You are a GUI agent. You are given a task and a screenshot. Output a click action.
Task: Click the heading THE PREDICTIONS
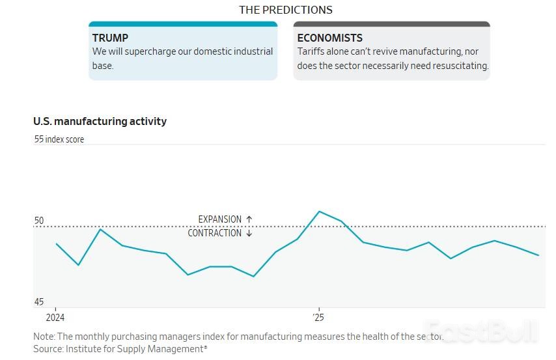pyautogui.click(x=286, y=10)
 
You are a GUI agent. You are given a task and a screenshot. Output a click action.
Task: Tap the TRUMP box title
pyautogui.click(x=110, y=38)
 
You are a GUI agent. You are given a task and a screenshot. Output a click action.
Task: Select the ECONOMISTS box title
pyautogui.click(x=329, y=38)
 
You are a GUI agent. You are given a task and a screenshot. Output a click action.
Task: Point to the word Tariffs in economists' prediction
pyautogui.click(x=312, y=51)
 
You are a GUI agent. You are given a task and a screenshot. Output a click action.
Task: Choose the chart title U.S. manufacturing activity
pyautogui.click(x=100, y=121)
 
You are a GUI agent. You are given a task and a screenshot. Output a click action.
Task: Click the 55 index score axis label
pyautogui.click(x=59, y=139)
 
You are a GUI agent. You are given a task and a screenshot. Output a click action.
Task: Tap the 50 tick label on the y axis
pyautogui.click(x=39, y=221)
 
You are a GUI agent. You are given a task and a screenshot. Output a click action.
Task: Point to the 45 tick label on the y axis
pyautogui.click(x=39, y=302)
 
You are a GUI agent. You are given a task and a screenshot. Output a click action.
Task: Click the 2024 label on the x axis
pyautogui.click(x=55, y=318)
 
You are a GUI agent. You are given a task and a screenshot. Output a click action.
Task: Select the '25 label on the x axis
pyautogui.click(x=318, y=318)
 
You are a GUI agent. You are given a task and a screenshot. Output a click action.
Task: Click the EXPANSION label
pyautogui.click(x=220, y=219)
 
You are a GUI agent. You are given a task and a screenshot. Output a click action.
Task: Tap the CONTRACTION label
pyautogui.click(x=214, y=233)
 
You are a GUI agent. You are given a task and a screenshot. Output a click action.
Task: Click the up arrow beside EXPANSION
pyautogui.click(x=249, y=219)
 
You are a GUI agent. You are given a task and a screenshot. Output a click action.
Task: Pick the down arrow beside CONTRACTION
pyautogui.click(x=249, y=233)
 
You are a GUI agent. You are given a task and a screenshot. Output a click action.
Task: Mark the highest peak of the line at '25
pyautogui.click(x=319, y=212)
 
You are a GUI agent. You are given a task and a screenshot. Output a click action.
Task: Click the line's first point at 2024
pyautogui.click(x=57, y=243)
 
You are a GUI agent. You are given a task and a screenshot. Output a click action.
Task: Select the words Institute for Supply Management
pyautogui.click(x=138, y=350)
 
